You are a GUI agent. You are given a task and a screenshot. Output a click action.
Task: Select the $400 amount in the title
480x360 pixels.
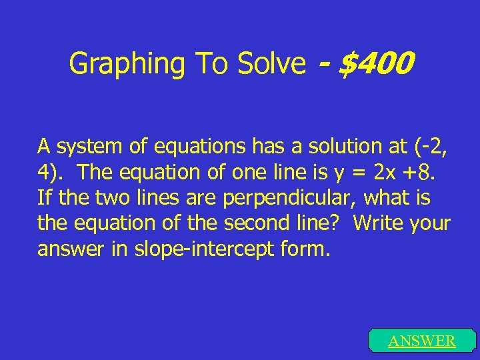pyautogui.click(x=377, y=64)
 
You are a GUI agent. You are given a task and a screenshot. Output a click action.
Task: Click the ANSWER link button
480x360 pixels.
pyautogui.click(x=422, y=341)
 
